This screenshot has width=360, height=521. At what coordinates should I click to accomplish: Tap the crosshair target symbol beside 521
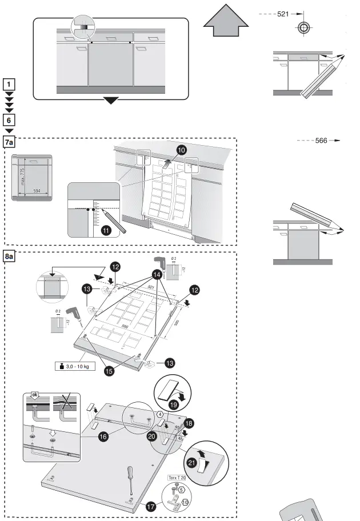pos(303,27)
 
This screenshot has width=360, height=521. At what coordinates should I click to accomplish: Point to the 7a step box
pos(10,142)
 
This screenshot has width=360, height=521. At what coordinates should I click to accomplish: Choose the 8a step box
pos(10,258)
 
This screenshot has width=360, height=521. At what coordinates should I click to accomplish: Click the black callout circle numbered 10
pos(181,150)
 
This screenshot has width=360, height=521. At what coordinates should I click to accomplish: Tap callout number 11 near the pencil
pos(106,231)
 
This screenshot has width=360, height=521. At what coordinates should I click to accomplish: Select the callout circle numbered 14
pos(156,274)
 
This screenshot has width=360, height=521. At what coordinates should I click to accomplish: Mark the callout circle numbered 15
pos(107,371)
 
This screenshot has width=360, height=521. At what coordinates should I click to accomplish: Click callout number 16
pos(103,436)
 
